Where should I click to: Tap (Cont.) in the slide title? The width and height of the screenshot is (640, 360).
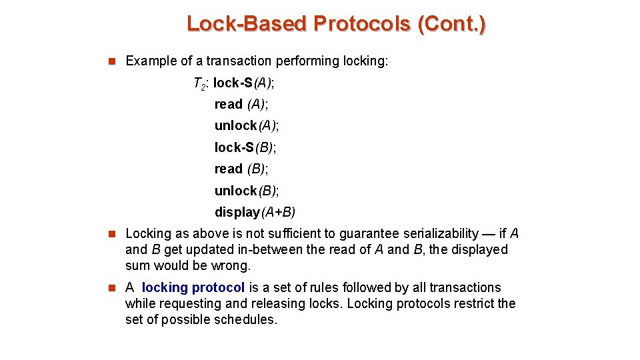pyautogui.click(x=451, y=24)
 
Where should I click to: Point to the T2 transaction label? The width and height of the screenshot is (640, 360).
pyautogui.click(x=200, y=83)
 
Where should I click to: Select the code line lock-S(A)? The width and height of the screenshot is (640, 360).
pyautogui.click(x=244, y=83)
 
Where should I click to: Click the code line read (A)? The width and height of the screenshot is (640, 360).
pyautogui.click(x=241, y=104)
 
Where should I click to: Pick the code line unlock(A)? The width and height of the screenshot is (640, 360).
pyautogui.click(x=247, y=125)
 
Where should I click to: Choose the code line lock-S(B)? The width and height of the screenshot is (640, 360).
pyautogui.click(x=245, y=147)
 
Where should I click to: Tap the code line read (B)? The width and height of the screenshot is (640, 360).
pyautogui.click(x=241, y=169)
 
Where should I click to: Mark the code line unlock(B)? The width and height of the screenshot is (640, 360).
pyautogui.click(x=247, y=191)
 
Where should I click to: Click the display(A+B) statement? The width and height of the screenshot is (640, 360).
pyautogui.click(x=255, y=212)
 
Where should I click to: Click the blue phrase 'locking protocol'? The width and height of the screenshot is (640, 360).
pyautogui.click(x=193, y=287)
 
